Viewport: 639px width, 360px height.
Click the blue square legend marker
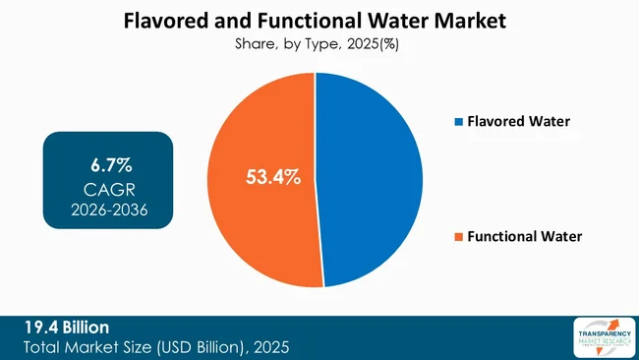tap(458, 121)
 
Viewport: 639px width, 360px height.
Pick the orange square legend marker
tap(458, 236)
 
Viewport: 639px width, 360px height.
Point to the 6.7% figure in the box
tap(108, 160)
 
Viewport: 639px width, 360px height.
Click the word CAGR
tap(108, 186)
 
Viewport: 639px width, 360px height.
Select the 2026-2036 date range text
tap(108, 209)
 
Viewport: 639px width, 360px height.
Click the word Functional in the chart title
tap(314, 21)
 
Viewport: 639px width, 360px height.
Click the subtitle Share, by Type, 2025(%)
tap(319, 43)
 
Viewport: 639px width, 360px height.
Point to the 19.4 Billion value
tap(68, 327)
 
